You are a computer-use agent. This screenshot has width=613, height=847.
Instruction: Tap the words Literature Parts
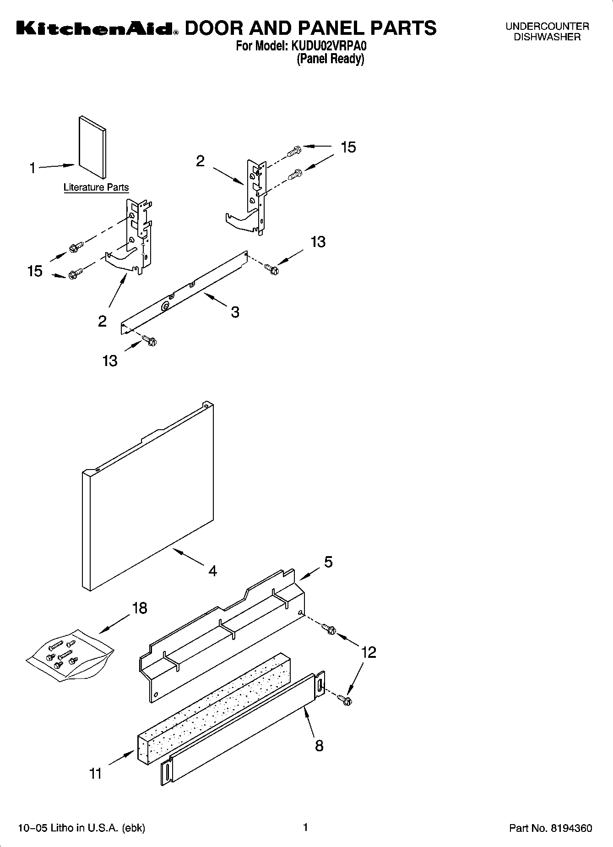[x=96, y=187]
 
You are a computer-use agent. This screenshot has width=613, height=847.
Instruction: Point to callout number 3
[x=235, y=312]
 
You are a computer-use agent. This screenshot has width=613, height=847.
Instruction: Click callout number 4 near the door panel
[x=212, y=571]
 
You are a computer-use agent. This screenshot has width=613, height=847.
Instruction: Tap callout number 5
[x=328, y=562]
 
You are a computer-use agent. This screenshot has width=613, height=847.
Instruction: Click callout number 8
[x=319, y=746]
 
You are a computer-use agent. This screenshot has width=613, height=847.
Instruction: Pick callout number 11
[x=95, y=774]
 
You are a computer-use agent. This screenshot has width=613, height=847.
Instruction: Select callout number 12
[x=369, y=652]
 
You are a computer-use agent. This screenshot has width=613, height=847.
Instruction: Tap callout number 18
[x=140, y=608]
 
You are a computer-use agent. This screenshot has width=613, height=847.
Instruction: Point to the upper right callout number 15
[x=348, y=148]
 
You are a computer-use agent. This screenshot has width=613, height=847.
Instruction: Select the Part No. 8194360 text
[x=550, y=828]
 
